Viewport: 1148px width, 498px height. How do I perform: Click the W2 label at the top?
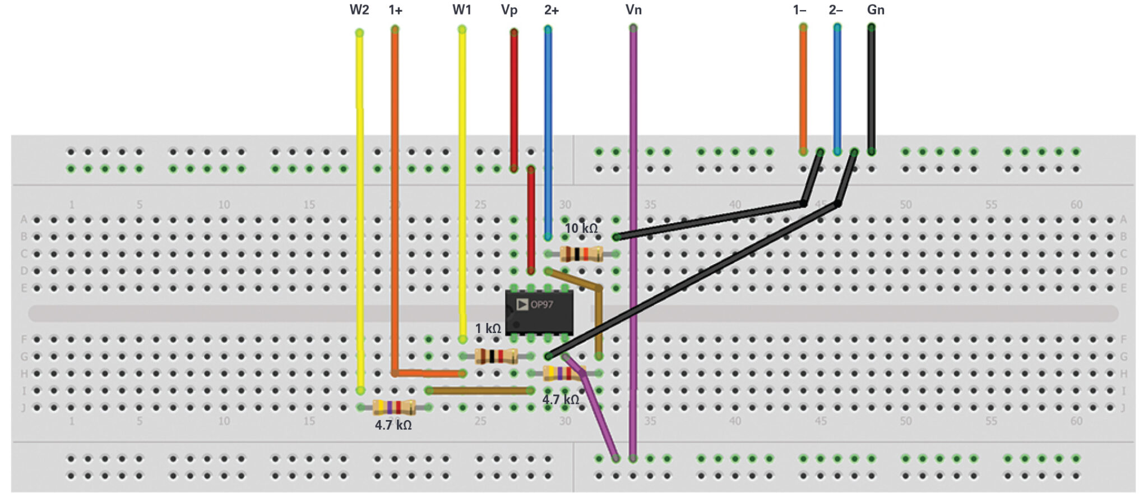[359, 10]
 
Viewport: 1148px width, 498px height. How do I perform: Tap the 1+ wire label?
[395, 10]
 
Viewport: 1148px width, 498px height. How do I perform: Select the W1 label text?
[462, 10]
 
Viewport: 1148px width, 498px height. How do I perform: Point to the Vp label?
[509, 10]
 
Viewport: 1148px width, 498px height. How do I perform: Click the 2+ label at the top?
[551, 10]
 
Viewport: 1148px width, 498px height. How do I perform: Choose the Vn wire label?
[633, 10]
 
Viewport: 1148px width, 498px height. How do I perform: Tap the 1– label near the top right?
[799, 10]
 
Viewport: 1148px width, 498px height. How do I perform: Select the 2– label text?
[835, 10]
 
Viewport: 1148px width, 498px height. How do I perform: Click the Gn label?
[876, 10]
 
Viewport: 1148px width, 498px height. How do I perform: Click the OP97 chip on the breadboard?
[539, 312]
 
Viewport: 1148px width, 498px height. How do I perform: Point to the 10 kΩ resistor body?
[581, 254]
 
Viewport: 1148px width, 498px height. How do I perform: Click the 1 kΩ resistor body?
[496, 356]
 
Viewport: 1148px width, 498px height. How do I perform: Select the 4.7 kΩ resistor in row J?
[394, 407]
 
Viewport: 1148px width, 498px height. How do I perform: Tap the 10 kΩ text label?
[581, 228]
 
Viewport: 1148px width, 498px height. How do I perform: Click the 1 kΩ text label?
[488, 329]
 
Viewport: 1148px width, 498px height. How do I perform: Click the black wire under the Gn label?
[871, 90]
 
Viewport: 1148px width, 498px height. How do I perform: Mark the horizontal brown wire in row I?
[479, 390]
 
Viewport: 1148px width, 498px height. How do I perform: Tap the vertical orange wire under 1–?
[803, 90]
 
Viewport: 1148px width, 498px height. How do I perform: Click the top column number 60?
[1076, 205]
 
